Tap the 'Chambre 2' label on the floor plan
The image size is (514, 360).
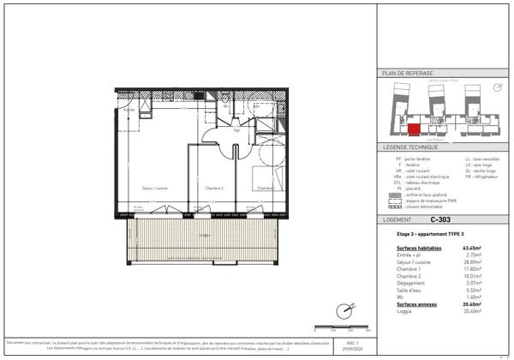214,188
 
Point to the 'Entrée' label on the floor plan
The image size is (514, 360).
129,110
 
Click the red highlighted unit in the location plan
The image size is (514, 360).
414,129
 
